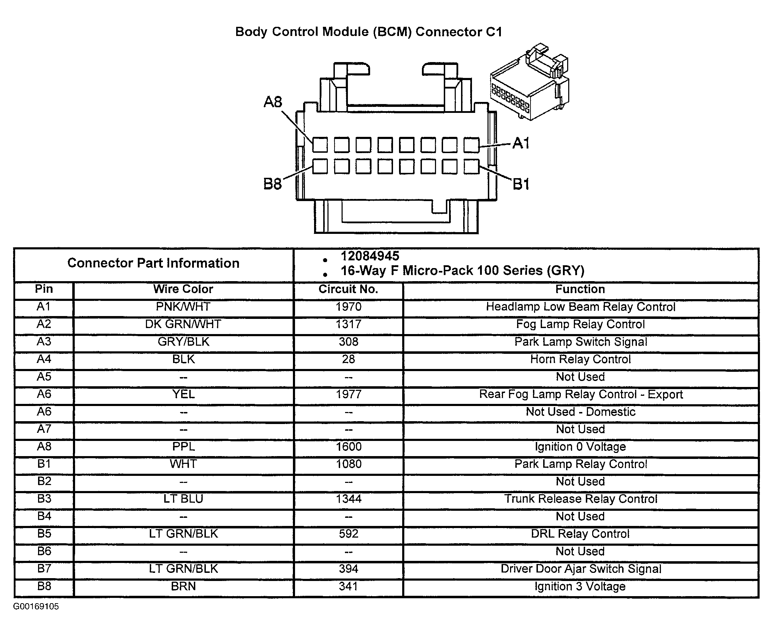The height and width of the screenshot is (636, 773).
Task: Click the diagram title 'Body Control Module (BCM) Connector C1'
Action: click(368, 32)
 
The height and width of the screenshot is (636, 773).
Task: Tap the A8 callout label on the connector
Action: click(273, 102)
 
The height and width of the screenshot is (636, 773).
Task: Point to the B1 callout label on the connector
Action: click(521, 184)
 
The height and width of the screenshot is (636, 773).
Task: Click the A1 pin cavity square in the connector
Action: click(471, 145)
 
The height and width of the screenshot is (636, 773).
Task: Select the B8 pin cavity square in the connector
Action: click(320, 167)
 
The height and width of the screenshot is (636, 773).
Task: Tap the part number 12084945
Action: click(370, 256)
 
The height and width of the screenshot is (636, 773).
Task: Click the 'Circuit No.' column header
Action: click(348, 289)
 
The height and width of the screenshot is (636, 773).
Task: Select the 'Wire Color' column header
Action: click(183, 289)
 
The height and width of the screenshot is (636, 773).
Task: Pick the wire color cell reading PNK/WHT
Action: click(183, 307)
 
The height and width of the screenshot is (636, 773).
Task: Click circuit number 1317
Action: click(349, 324)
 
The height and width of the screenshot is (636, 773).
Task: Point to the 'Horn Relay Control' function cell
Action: click(580, 359)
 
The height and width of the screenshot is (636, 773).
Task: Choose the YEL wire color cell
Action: click(183, 394)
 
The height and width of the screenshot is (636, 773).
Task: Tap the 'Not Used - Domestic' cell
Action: click(580, 412)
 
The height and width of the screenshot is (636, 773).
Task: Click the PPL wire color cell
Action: click(183, 447)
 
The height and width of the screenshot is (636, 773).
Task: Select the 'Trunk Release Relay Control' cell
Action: click(581, 499)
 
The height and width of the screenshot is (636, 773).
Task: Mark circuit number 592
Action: click(349, 534)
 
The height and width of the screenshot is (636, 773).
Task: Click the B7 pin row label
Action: click(44, 569)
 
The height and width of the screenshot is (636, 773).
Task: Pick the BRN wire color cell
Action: click(183, 586)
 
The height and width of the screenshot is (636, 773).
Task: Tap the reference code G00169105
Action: click(36, 606)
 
